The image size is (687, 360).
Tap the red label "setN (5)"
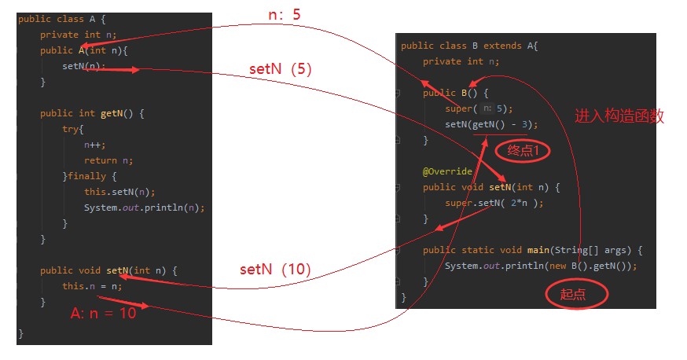[281, 69]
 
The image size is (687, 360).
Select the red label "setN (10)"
[275, 270]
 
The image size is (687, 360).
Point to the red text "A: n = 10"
[103, 314]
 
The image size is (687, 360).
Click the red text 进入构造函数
[619, 116]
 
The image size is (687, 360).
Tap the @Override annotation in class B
[447, 171]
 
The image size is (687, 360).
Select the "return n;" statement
[108, 160]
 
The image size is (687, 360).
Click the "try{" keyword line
[73, 129]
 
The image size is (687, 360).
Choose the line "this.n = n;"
[93, 286]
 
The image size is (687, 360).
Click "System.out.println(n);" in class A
[144, 208]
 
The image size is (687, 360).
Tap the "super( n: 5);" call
[478, 108]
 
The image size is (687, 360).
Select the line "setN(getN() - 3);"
[491, 124]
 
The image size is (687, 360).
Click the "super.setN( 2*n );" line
[494, 203]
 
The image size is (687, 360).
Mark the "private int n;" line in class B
[461, 61]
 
